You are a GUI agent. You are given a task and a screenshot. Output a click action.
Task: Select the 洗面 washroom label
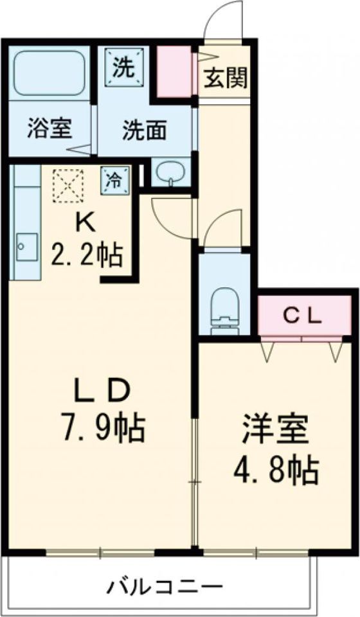(145, 130)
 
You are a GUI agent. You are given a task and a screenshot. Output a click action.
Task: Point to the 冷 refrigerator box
(114, 179)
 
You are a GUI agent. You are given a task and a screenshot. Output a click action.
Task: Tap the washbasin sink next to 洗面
(170, 172)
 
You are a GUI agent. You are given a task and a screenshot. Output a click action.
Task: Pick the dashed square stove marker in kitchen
(69, 184)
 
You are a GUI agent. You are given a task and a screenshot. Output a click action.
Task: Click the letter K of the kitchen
(85, 222)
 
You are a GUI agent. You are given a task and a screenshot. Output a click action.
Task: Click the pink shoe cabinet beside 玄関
(175, 71)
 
